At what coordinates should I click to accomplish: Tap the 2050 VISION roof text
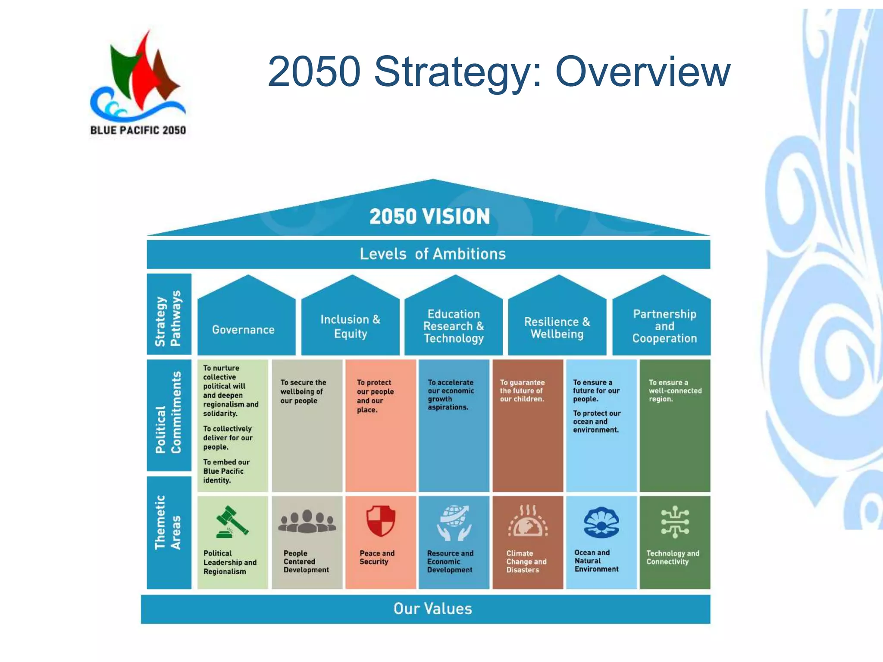click(x=429, y=216)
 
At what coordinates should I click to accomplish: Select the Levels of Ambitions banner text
click(x=432, y=254)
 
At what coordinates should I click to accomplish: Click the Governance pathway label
click(x=243, y=330)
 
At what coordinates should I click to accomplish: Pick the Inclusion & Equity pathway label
click(x=350, y=326)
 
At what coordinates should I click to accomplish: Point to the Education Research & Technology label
click(x=454, y=326)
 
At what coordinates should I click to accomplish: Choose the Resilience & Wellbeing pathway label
click(x=557, y=328)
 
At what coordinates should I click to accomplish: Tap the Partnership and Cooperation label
click(x=664, y=326)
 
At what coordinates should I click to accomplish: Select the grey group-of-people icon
click(x=307, y=522)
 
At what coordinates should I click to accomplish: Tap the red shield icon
click(x=381, y=521)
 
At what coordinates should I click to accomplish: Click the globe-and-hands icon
click(x=454, y=523)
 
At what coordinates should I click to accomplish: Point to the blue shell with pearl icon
click(x=601, y=522)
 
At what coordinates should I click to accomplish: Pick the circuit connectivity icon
click(x=675, y=522)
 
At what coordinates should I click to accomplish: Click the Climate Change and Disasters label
click(x=526, y=562)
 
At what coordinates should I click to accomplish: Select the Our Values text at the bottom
click(x=432, y=609)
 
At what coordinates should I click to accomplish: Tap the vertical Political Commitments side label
click(x=169, y=412)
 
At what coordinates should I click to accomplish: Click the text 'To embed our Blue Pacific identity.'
click(x=226, y=471)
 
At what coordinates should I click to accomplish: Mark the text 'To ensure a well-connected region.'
click(x=675, y=390)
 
